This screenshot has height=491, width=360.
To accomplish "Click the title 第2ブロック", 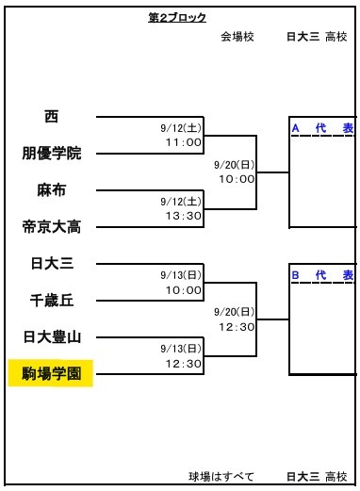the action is tap(177, 18).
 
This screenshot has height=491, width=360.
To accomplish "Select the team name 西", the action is tap(52, 116).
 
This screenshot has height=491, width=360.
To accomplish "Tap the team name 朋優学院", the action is tap(52, 154).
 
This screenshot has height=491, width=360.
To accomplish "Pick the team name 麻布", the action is tap(52, 190).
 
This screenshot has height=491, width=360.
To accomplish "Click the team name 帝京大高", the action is tap(52, 227).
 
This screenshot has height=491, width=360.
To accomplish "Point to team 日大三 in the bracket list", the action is tap(52, 263).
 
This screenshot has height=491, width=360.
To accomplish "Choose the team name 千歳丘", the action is tap(52, 301).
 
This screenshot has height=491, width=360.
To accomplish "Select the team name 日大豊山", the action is tap(52, 337).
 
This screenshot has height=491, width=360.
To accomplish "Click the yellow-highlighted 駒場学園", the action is tap(52, 374).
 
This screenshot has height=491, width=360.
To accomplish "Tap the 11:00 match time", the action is tap(184, 142).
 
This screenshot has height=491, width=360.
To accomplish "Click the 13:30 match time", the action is tap(184, 216).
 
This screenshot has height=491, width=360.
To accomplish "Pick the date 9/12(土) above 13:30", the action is tap(181, 202).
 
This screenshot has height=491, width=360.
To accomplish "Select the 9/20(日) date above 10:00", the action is tap(234, 165).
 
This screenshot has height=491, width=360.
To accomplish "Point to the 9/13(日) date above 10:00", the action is tap(181, 275).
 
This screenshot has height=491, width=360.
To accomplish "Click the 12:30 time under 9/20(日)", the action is tap(237, 327).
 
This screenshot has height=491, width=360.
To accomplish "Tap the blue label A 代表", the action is tap(322, 128).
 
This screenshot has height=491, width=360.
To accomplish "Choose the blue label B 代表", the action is tap(322, 275).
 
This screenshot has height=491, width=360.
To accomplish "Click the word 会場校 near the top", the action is tap(237, 37).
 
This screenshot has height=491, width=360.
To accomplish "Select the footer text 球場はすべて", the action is tap(221, 477).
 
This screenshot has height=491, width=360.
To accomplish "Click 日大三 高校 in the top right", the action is tap(317, 37).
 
